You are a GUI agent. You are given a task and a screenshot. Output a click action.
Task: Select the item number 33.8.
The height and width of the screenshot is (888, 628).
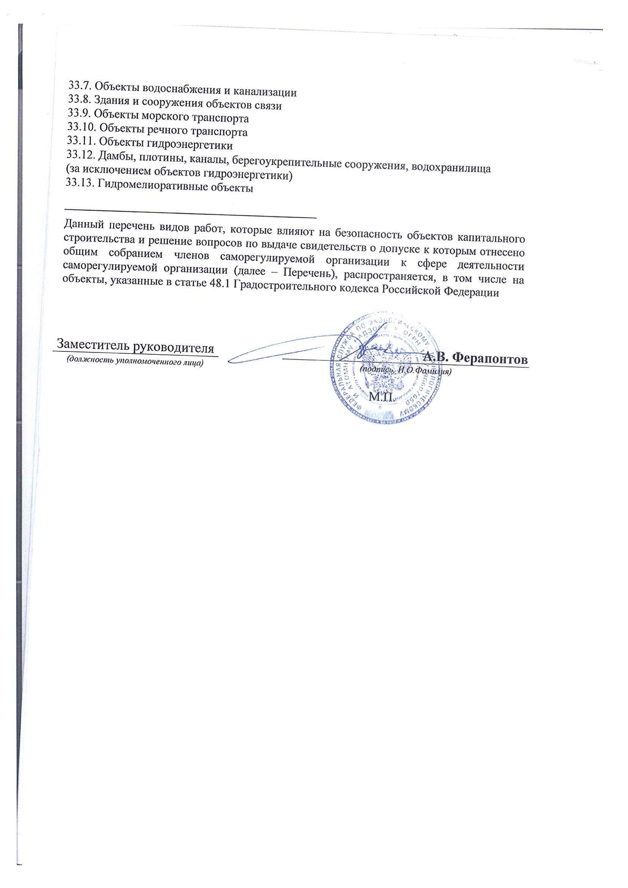[x=79, y=99]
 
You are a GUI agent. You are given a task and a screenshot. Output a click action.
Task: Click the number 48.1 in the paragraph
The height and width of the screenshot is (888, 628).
[x=220, y=284]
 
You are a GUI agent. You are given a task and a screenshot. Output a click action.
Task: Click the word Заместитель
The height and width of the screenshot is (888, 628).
[x=93, y=344]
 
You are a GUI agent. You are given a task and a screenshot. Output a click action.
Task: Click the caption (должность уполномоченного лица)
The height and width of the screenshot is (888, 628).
[x=135, y=361]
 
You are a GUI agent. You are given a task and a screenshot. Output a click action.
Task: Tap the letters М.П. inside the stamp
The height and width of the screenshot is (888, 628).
[x=381, y=397]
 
